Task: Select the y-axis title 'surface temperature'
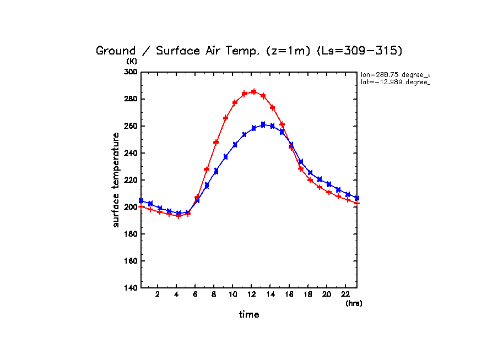tap(116, 180)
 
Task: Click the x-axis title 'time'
tap(249, 315)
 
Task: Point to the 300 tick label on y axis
tap(131, 72)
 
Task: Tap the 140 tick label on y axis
tap(131, 288)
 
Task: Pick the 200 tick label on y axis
tap(131, 207)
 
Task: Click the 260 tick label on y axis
tap(131, 126)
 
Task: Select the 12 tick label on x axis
tap(251, 294)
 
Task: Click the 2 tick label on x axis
tap(158, 294)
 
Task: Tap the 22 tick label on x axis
tap(345, 294)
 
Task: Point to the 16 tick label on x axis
tap(289, 294)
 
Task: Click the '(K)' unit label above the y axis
tap(132, 61)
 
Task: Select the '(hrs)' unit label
tap(354, 303)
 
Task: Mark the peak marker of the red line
tap(253, 92)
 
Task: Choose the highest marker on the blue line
tap(263, 124)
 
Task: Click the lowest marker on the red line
tap(178, 216)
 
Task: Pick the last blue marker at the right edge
tap(356, 198)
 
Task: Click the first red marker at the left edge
tap(141, 206)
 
